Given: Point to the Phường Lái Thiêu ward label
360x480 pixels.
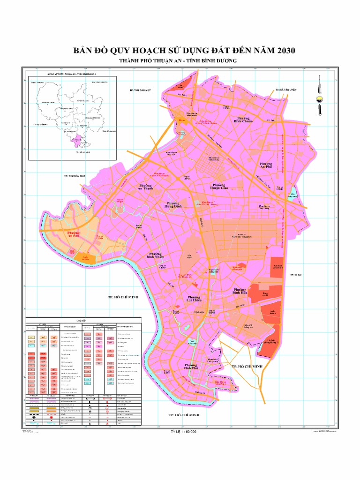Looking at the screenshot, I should click(x=194, y=299).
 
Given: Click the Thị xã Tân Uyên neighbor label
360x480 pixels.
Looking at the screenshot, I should click(x=286, y=90).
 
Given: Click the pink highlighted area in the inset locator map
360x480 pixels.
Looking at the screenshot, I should click(x=75, y=140).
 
